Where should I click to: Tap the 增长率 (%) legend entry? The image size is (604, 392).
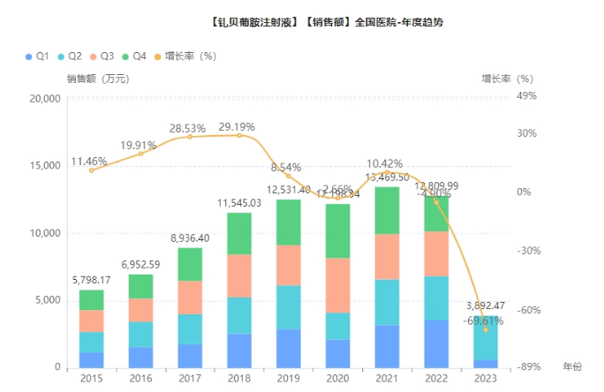185,56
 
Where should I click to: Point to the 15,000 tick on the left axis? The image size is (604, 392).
45,166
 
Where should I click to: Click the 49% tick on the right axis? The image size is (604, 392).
528,97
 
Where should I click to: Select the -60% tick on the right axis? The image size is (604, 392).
528,310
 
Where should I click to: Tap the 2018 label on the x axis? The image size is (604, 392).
239,379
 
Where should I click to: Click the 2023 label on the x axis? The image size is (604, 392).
486,379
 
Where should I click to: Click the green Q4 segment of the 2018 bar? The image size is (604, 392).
239,233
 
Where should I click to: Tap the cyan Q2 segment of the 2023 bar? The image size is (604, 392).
486,337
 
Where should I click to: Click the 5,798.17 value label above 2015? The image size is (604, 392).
92,280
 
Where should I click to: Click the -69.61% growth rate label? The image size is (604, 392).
484,321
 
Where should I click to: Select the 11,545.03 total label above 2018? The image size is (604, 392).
239,203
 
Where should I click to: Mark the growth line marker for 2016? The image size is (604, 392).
141,154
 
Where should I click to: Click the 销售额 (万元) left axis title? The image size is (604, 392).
98,79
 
